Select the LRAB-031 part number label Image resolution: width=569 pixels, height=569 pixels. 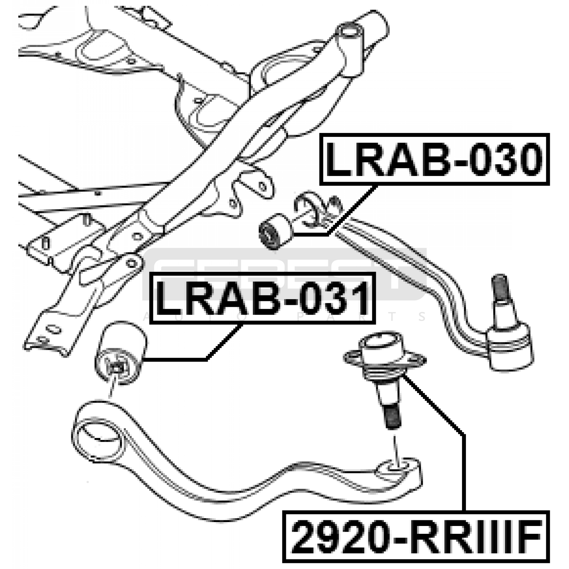pos(262,298)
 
